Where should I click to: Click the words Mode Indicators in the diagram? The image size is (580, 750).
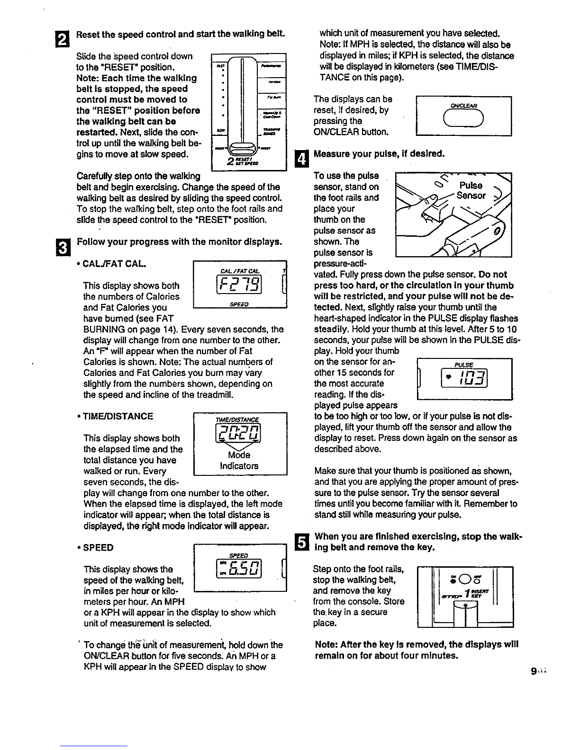click(239, 460)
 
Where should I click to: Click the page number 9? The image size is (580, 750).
click(534, 671)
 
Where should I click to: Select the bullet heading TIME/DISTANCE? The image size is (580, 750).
click(118, 417)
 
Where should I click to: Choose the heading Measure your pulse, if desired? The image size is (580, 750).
click(380, 154)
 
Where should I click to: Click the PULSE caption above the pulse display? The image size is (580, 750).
click(464, 365)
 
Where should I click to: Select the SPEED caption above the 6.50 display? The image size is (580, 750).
click(238, 555)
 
